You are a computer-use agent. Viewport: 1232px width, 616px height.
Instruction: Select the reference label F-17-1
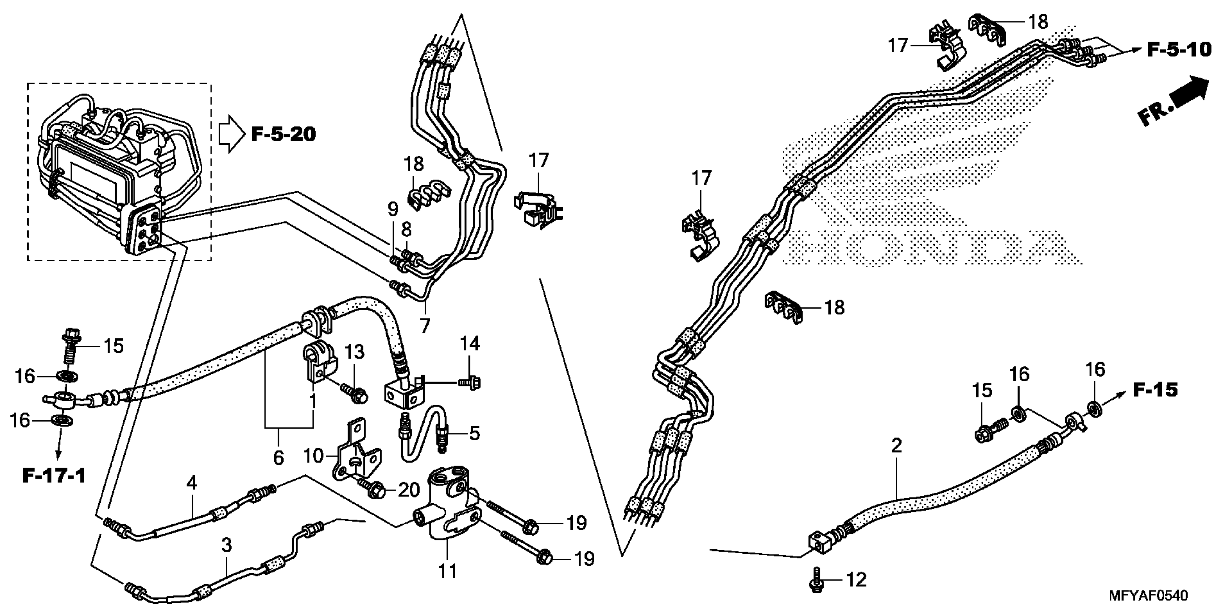(54, 475)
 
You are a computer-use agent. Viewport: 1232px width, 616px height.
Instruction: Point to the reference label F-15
(1155, 390)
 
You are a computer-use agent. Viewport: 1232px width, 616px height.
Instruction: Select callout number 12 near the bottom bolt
(856, 580)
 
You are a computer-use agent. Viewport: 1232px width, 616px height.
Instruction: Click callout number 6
(278, 457)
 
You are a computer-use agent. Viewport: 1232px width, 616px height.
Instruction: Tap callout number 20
(408, 489)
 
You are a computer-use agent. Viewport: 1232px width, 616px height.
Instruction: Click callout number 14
(470, 344)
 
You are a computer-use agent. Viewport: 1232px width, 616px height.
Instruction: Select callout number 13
(354, 351)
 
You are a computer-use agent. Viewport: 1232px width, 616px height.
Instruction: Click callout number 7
(425, 326)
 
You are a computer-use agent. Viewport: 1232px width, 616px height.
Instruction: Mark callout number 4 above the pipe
(191, 483)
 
